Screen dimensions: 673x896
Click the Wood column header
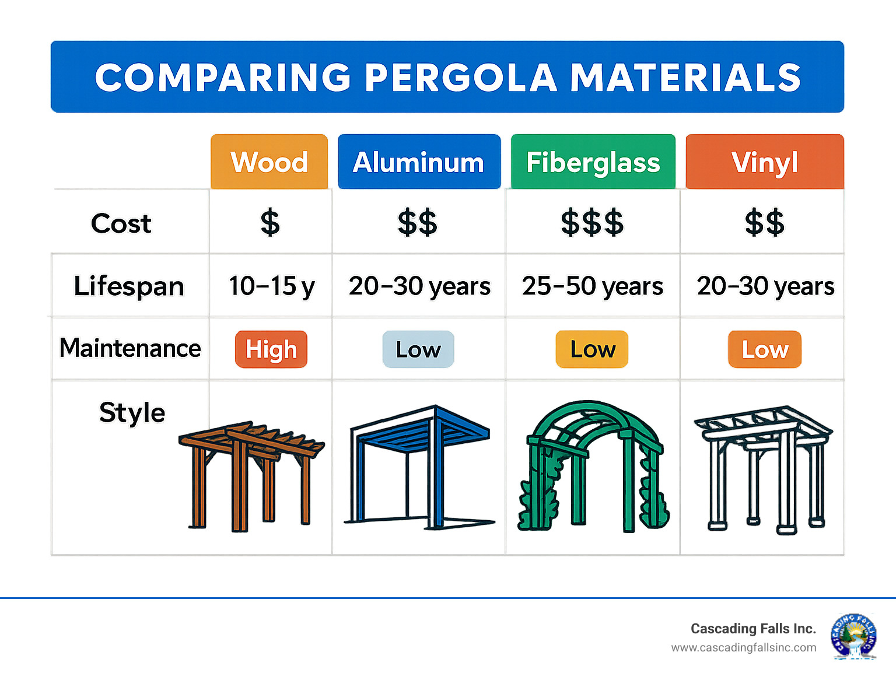pos(269,162)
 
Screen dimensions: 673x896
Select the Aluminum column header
pos(419,162)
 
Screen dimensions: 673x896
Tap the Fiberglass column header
pos(593,162)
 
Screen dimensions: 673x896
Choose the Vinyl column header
pos(764,162)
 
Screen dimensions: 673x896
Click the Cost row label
pos(121,223)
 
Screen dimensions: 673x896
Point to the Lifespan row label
pos(129,286)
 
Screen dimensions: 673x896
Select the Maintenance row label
pos(130,348)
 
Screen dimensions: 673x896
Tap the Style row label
pos(132,413)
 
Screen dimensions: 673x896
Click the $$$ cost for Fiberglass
pos(592,223)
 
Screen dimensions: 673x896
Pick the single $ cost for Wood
pos(270,223)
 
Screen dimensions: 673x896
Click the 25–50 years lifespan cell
pos(592,286)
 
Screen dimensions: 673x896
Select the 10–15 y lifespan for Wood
pos(271,286)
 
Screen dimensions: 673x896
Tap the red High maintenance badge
pos(271,349)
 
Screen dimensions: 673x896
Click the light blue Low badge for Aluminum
pos(418,349)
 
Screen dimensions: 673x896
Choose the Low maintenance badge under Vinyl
pos(765,349)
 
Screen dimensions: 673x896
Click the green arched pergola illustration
pos(592,467)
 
